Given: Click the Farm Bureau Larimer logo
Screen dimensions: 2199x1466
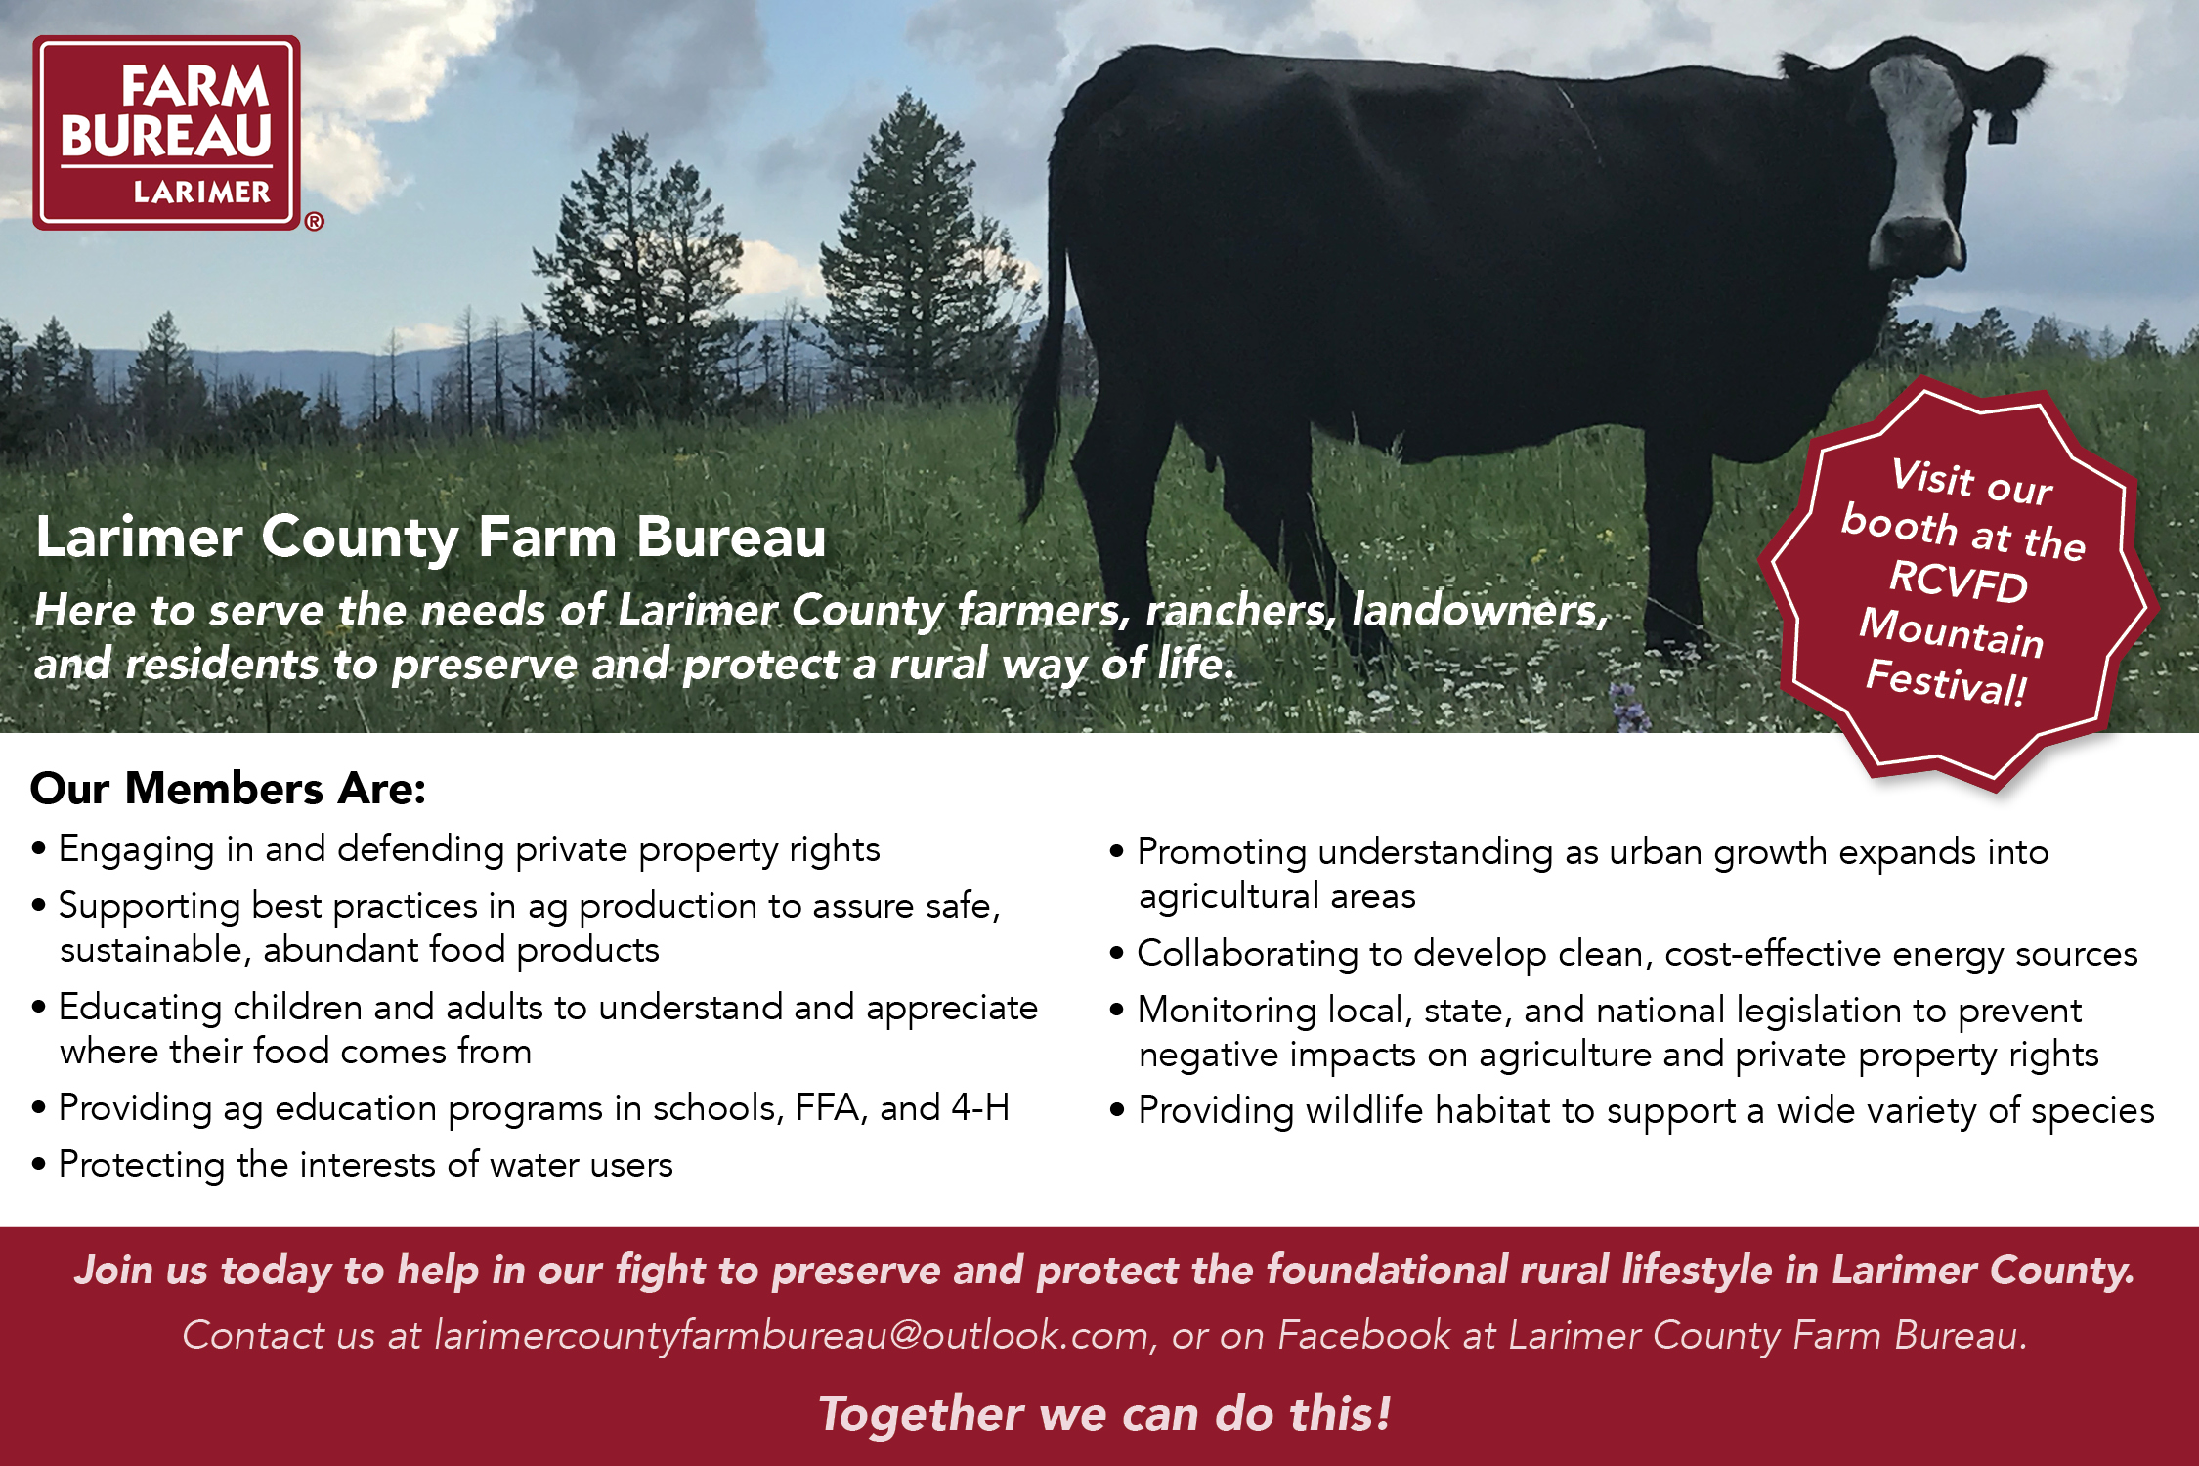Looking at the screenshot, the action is point(166,133).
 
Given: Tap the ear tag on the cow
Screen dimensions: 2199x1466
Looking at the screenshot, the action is point(2002,127).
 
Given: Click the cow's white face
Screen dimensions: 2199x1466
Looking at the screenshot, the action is point(1917,147).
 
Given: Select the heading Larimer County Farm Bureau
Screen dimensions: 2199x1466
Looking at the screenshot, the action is point(431,537).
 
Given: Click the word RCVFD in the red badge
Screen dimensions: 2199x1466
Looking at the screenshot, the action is point(1958,582).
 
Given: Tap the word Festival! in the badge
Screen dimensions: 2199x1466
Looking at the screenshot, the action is point(1946,681).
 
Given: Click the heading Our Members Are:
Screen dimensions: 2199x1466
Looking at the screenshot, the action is point(228,789).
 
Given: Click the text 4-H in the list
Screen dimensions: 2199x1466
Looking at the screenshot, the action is point(980,1107).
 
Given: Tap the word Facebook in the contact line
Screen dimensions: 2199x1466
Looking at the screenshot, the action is point(1364,1335).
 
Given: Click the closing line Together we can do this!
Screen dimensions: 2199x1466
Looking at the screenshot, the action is point(1104,1414).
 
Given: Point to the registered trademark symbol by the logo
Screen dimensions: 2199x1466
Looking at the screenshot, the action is point(314,222).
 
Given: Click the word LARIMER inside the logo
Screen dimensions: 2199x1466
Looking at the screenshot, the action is point(201,193).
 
